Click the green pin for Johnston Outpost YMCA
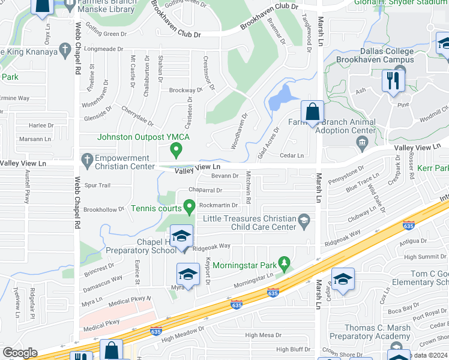click(176, 148)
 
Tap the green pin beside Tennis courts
click(190, 208)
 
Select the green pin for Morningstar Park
click(285, 263)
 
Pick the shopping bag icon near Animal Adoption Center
click(312, 112)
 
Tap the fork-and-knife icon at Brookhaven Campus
click(393, 80)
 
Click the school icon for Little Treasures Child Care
click(304, 220)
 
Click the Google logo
click(20, 353)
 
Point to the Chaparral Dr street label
click(206, 190)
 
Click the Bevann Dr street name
click(225, 176)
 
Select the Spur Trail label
click(98, 185)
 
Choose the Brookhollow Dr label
click(103, 210)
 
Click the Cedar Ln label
click(292, 155)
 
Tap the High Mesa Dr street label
click(263, 335)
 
